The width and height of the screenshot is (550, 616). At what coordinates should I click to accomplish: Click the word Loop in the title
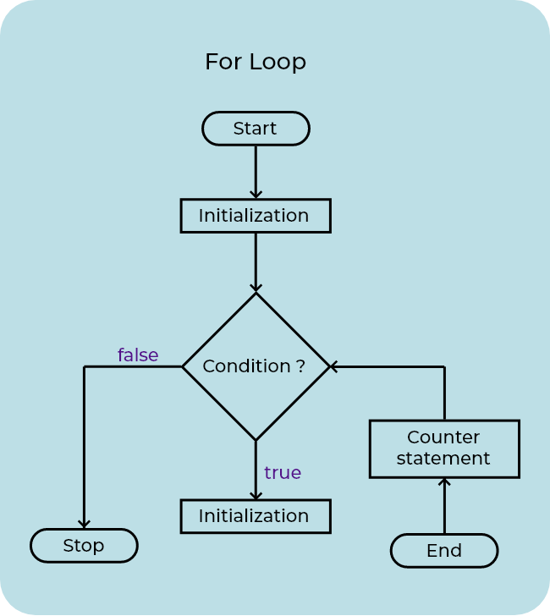point(278,63)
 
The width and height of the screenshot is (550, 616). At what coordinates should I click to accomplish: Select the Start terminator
point(256,129)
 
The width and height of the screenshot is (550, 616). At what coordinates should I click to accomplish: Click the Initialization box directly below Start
point(256,216)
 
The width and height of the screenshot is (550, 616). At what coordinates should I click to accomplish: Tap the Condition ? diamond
point(256,366)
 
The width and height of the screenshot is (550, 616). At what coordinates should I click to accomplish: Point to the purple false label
point(138,355)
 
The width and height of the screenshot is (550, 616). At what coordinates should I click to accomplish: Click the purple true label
point(283,472)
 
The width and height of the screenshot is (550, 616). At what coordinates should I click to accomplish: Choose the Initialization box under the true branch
point(256,516)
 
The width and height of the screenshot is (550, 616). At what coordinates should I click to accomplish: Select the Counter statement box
point(444,448)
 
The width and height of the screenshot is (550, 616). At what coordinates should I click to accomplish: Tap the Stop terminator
point(84,546)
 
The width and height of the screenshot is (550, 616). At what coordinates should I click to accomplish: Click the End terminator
point(444,551)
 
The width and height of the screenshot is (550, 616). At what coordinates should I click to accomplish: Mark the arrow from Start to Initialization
point(256,172)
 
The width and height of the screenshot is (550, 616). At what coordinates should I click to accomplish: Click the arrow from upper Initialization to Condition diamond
point(256,262)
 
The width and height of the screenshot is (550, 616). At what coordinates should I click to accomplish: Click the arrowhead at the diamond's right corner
point(334,366)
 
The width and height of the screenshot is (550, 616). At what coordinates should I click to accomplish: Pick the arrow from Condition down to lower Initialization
point(256,470)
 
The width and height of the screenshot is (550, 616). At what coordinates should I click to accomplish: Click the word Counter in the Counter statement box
point(443,437)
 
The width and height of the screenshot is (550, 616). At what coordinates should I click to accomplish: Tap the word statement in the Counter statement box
point(443,459)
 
